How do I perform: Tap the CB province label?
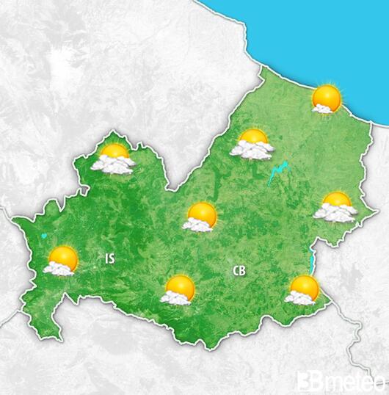tap(239, 270)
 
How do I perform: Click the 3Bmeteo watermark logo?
tap(341, 383)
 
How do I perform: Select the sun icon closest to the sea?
tap(326, 98)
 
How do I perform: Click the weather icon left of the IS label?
tap(61, 261)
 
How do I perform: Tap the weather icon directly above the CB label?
tap(200, 217)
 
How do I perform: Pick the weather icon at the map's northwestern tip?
tap(113, 159)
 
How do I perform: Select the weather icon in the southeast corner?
tap(302, 289)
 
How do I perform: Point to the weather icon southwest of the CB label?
tap(179, 290)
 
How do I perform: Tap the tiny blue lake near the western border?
tap(44, 236)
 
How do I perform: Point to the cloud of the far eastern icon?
tap(332, 213)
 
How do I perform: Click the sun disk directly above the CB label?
tap(203, 214)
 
